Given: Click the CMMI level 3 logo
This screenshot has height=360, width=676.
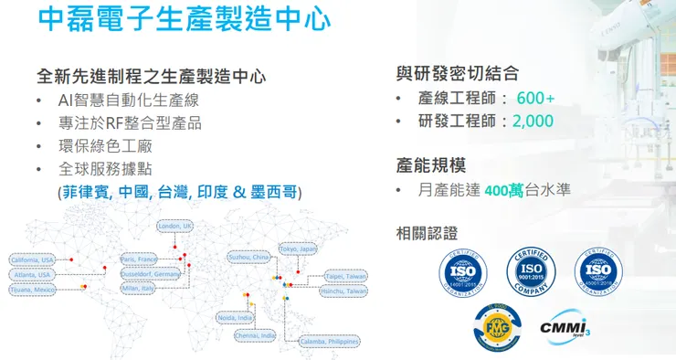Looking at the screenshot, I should tap(563, 326).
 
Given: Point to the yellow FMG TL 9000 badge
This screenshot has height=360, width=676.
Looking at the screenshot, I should tap(498, 326).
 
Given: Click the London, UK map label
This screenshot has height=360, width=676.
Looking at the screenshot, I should tap(175, 226).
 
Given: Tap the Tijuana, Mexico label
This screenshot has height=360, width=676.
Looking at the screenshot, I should tap(34, 290).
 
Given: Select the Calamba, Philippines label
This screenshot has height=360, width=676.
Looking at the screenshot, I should tap(328, 341).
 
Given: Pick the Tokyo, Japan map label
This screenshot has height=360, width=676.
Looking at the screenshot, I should tap(298, 249).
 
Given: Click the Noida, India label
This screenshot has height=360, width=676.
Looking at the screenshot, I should tap(236, 317).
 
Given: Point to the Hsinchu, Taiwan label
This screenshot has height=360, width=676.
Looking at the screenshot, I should tap(344, 291).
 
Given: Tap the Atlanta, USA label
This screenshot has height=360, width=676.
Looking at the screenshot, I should tap(33, 274).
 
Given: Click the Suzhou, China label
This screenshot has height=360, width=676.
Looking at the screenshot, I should tap(248, 258).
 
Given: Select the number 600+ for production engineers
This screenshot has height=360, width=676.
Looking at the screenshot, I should tap(535, 98).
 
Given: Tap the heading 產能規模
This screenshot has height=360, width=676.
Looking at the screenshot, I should tap(431, 165).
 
